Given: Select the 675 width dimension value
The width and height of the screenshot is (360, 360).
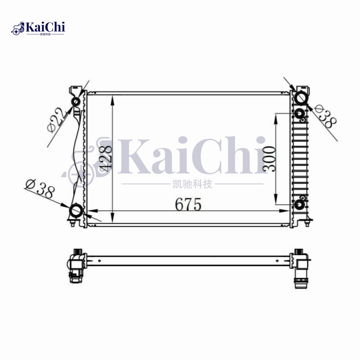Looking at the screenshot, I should tap(186, 205).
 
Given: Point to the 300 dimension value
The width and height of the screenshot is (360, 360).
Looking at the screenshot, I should tap(270, 159).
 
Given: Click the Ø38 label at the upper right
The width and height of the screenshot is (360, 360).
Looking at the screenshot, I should tap(325, 116).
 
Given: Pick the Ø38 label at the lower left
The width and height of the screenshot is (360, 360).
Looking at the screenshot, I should tap(40, 189).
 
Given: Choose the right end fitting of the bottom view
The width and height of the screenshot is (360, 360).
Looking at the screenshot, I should tap(299, 267).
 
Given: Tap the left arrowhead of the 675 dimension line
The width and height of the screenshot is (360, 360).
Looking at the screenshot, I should tap(91, 211).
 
